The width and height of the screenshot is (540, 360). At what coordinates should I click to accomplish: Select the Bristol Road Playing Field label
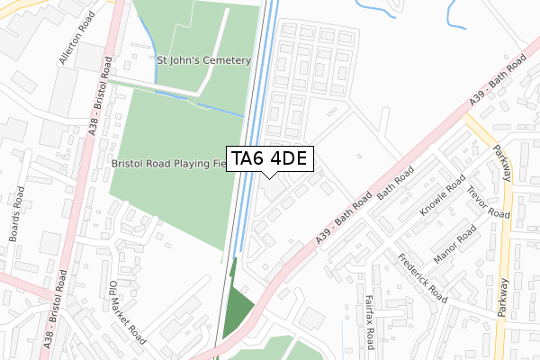[x=166, y=165]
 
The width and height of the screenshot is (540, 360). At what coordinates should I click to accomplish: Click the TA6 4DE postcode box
[x=269, y=159]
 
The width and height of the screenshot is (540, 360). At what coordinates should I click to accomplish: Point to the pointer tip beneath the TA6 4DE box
[x=269, y=177]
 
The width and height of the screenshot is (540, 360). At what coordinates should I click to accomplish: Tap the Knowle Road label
[x=443, y=205]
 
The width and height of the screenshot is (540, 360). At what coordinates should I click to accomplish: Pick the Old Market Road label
[x=126, y=310]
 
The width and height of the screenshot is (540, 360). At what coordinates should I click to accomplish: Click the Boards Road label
[x=15, y=215]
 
